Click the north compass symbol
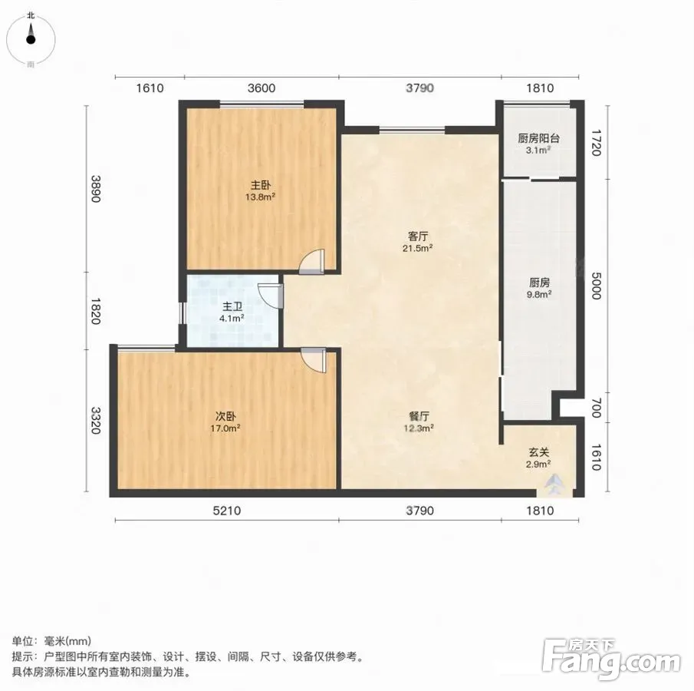pyautogui.click(x=31, y=39)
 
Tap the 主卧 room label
pyautogui.click(x=261, y=185)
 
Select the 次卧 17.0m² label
pyautogui.click(x=225, y=422)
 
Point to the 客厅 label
pyautogui.click(x=417, y=236)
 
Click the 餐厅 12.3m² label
pyautogui.click(x=419, y=422)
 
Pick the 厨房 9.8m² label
pyautogui.click(x=539, y=288)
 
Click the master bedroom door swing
pyautogui.click(x=312, y=262)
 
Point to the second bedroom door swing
pyautogui.click(x=314, y=360)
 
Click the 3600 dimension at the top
pyautogui.click(x=261, y=88)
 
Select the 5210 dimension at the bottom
pyautogui.click(x=227, y=511)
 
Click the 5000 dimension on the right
pyautogui.click(x=596, y=286)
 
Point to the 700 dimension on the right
pyautogui.click(x=596, y=408)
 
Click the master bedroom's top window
pyautogui.click(x=262, y=104)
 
